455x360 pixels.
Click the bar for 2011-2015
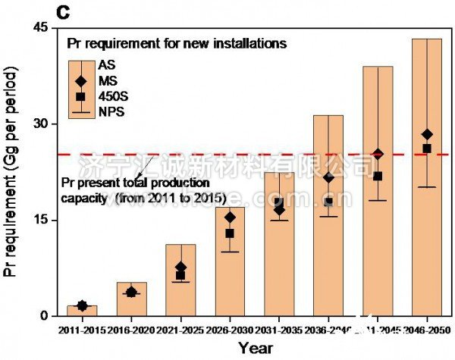(x=82, y=311)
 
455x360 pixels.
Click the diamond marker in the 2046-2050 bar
(x=427, y=135)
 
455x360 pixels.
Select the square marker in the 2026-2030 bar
(x=230, y=233)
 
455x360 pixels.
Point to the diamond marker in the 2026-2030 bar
(x=230, y=218)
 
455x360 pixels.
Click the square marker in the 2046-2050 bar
(x=427, y=149)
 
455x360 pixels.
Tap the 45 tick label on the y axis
(x=40, y=28)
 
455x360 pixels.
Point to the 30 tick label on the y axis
(x=40, y=124)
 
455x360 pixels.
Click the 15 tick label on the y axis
(x=40, y=220)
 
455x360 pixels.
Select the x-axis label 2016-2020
(x=131, y=330)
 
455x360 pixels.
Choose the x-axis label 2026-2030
(x=230, y=330)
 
